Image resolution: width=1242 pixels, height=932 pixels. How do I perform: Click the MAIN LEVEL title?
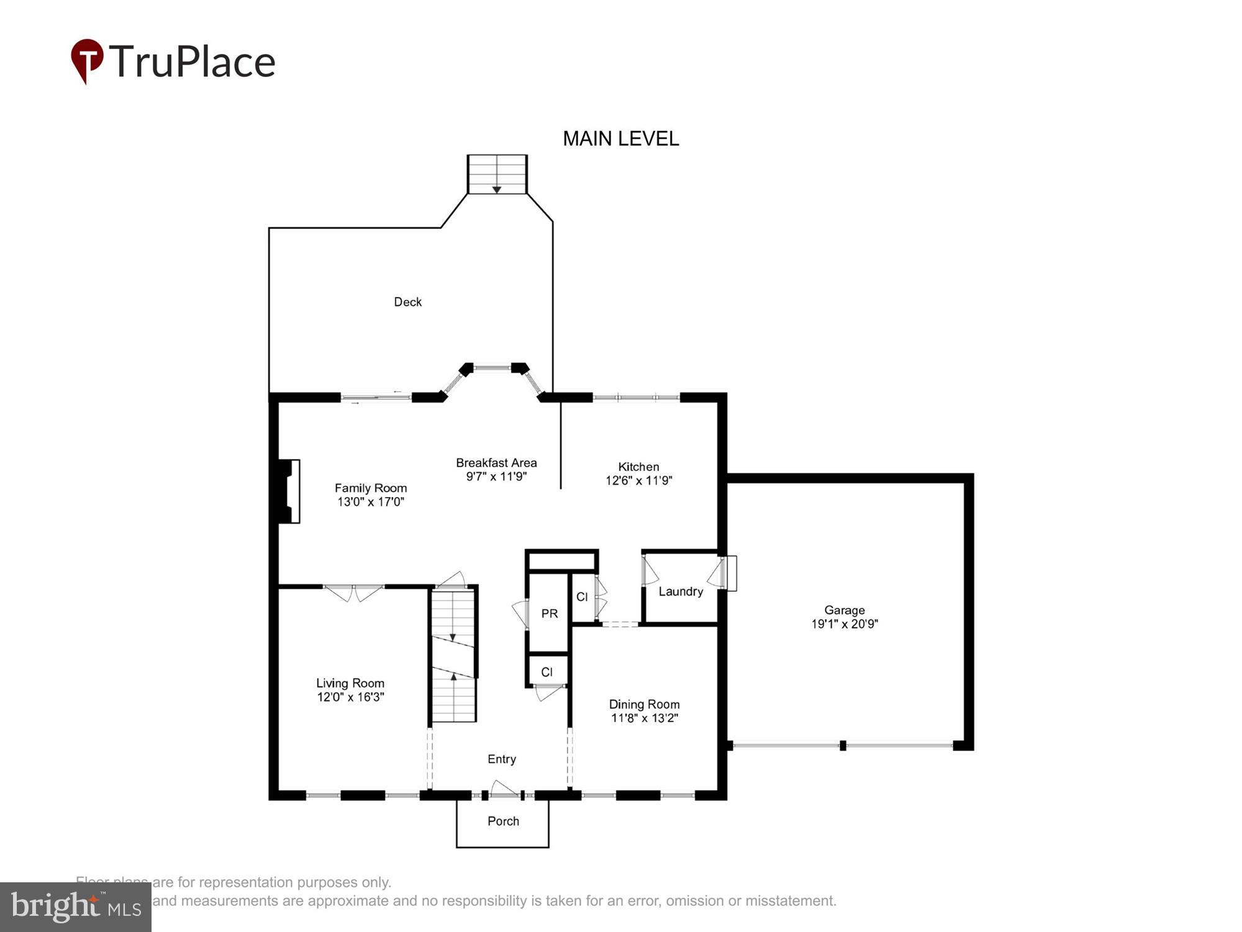click(x=620, y=139)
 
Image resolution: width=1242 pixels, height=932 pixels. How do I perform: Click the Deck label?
click(x=407, y=302)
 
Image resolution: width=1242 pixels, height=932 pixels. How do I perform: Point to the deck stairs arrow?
click(x=497, y=189)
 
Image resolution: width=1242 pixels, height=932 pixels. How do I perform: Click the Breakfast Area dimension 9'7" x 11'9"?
click(x=496, y=477)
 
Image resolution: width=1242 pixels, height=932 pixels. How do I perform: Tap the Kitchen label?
click(x=638, y=467)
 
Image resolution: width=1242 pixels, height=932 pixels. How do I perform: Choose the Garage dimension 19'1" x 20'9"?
click(x=844, y=624)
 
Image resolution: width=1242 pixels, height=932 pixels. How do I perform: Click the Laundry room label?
click(x=681, y=592)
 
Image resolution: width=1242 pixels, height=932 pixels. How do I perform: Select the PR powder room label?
click(x=549, y=614)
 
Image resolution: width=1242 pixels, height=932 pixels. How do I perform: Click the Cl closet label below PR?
click(x=546, y=672)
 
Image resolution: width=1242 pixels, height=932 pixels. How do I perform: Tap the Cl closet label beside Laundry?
click(x=582, y=597)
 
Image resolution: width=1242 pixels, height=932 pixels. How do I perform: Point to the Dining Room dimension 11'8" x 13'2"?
click(x=644, y=718)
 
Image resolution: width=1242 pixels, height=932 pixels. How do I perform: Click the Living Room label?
click(x=350, y=683)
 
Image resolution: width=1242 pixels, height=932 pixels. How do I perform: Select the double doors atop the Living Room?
click(x=354, y=592)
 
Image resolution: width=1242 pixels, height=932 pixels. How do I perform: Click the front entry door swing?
click(x=504, y=788)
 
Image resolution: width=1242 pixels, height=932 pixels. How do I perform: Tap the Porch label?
click(x=503, y=821)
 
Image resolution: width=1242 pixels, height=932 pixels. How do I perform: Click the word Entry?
click(x=502, y=759)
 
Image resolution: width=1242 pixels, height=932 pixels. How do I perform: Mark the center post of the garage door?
click(x=843, y=746)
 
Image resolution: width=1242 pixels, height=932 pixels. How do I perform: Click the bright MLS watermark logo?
click(x=76, y=907)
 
